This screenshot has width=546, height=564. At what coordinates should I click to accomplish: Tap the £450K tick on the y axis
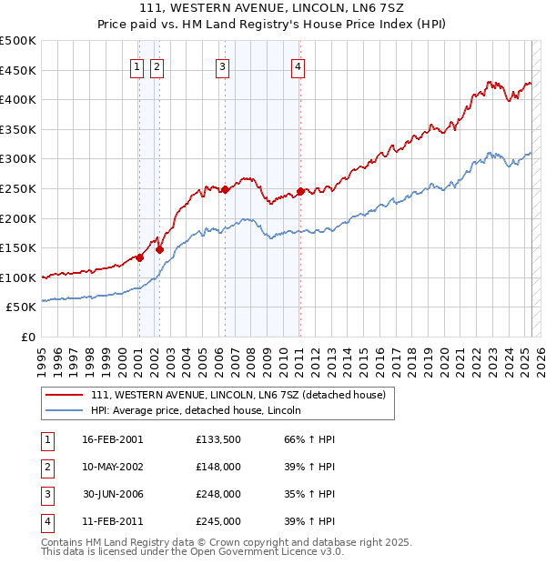[19, 70]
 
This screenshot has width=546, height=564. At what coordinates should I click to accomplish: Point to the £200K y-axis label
[19, 218]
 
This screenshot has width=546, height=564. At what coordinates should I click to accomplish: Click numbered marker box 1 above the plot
[136, 65]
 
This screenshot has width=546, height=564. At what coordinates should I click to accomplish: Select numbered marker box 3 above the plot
[222, 65]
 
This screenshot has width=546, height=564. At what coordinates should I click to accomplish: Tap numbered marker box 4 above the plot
[298, 65]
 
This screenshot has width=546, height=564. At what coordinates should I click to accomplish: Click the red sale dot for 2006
[225, 189]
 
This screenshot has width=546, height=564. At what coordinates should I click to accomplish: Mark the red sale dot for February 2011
[299, 191]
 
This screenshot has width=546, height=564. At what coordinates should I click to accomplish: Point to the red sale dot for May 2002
[159, 248]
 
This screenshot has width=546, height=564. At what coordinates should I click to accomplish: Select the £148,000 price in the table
[217, 467]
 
